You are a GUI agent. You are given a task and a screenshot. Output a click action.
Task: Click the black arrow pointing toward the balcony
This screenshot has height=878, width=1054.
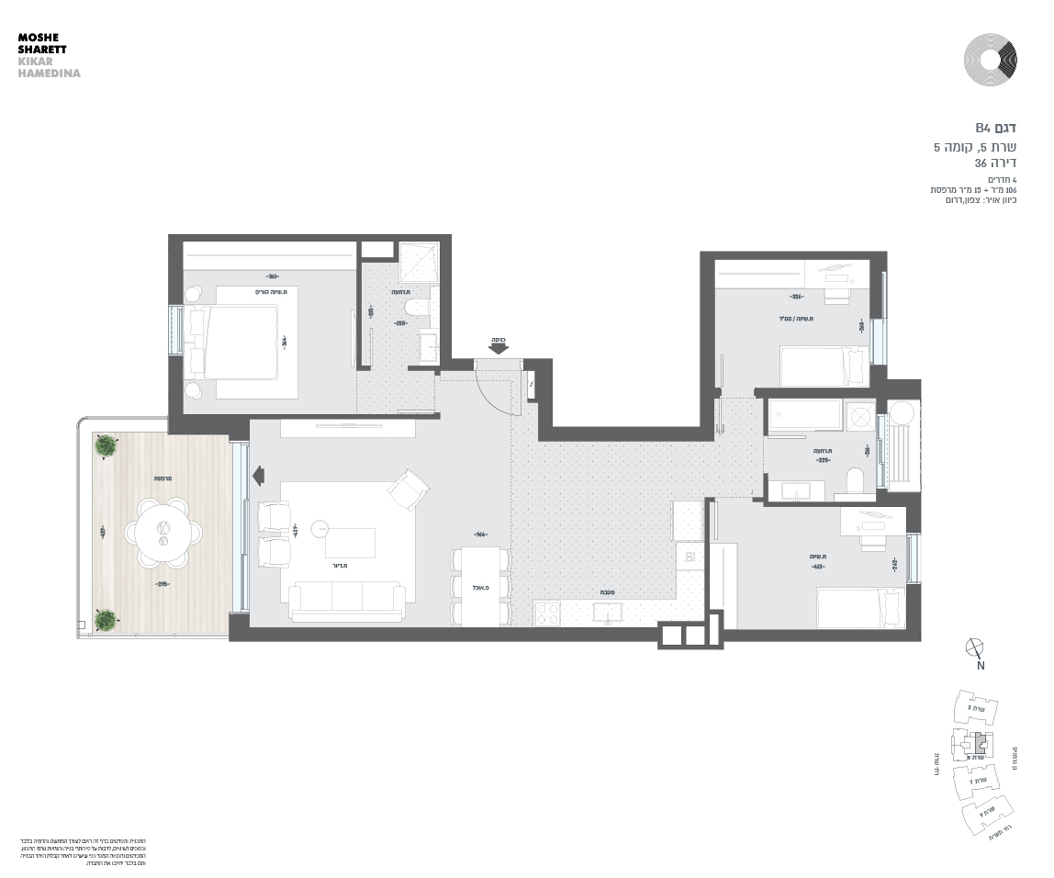[x=258, y=474]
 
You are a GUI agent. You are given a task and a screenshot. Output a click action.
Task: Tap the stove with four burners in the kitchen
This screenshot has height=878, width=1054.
[x=548, y=613]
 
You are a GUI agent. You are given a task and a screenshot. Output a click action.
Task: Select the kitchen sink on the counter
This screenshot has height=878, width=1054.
[x=607, y=613]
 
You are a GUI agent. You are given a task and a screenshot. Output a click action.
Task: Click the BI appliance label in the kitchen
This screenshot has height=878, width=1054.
[x=688, y=557]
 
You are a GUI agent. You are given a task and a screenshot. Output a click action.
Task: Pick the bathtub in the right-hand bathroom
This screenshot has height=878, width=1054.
[x=804, y=415]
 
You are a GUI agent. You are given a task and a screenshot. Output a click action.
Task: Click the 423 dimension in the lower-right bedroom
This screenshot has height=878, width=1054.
[x=818, y=567]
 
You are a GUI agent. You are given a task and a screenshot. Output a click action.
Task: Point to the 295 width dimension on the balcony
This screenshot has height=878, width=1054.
[x=163, y=584]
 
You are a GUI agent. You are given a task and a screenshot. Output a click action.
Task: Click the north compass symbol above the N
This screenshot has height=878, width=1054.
[x=975, y=647]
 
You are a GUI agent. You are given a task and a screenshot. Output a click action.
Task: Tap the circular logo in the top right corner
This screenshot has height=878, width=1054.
[x=991, y=60]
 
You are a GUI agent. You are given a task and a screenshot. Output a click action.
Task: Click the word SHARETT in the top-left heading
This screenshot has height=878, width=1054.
[x=41, y=50]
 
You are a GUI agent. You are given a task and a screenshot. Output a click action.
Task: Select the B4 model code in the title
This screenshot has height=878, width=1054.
[x=983, y=128]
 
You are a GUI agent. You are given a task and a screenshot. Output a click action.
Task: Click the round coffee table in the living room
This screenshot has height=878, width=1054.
[x=320, y=528]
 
